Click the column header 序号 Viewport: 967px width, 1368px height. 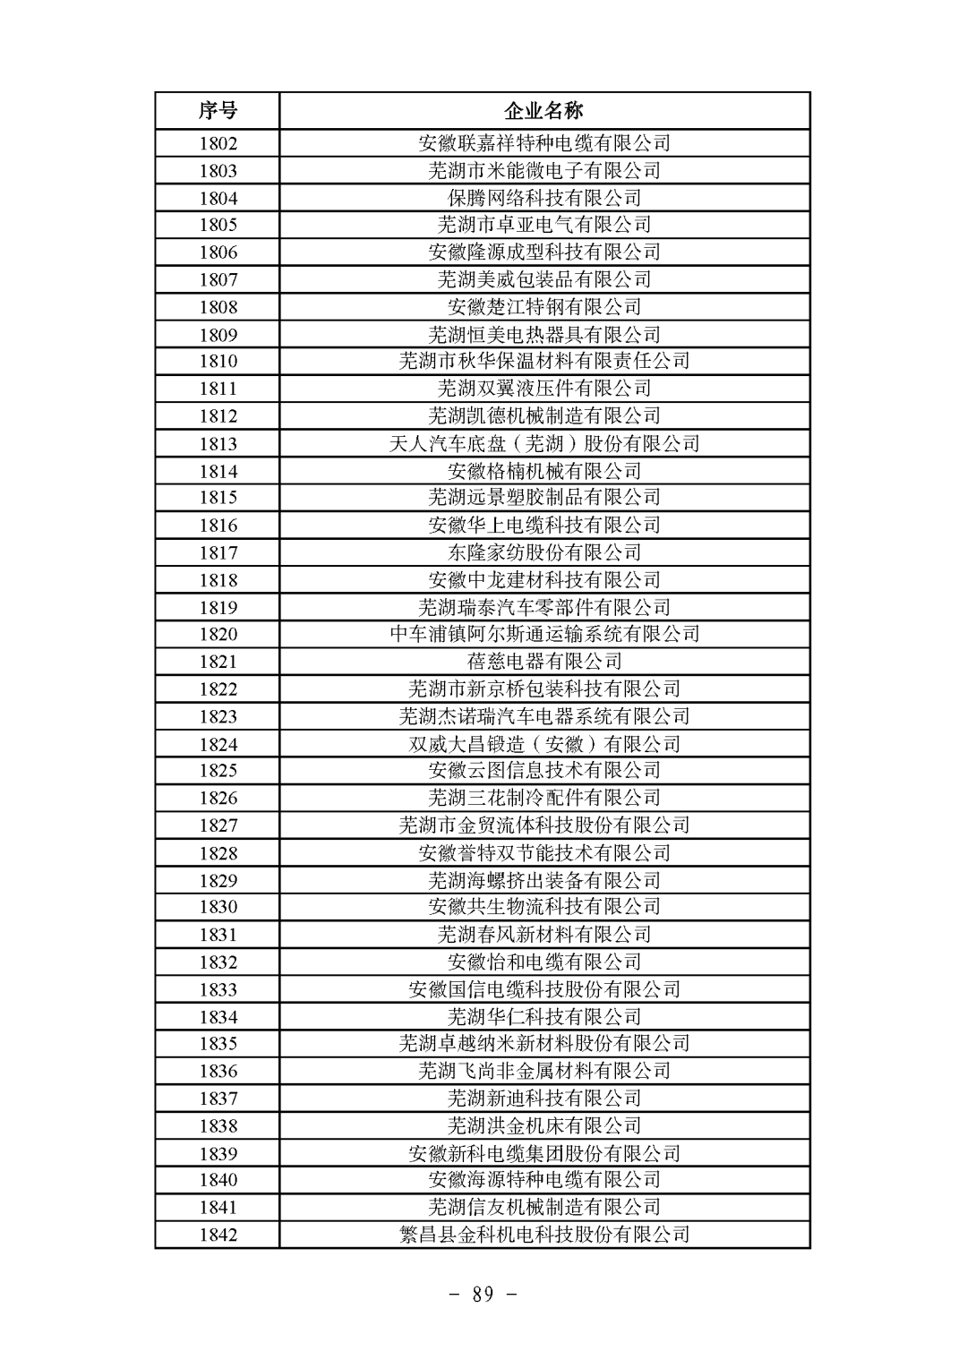pos(218,111)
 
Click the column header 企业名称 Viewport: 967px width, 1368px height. pos(544,111)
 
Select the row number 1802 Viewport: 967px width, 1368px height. pos(218,143)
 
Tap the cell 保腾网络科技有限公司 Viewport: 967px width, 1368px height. pos(544,198)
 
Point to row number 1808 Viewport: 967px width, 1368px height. pos(218,307)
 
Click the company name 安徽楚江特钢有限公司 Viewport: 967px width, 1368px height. pos(544,307)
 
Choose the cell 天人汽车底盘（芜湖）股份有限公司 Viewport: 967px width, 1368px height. pos(544,443)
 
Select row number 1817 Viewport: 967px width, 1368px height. pos(218,552)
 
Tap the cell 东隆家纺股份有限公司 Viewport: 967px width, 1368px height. pos(544,552)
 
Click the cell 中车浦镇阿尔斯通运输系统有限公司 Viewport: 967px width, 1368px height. pos(544,634)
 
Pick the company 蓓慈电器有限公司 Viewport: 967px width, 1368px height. pos(544,662)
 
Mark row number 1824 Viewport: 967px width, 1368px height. pos(218,744)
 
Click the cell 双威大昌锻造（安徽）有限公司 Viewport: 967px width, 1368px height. pos(544,744)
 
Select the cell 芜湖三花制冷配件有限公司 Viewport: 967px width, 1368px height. pos(544,798)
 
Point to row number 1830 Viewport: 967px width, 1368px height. pos(218,907)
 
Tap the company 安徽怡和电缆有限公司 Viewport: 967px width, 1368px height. pos(544,962)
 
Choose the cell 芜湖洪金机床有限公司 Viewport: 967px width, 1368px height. pos(544,1125)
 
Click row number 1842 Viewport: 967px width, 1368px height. pos(218,1235)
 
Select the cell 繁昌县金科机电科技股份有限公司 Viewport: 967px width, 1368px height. pos(544,1235)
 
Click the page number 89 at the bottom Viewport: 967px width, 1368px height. pos(483,1295)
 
